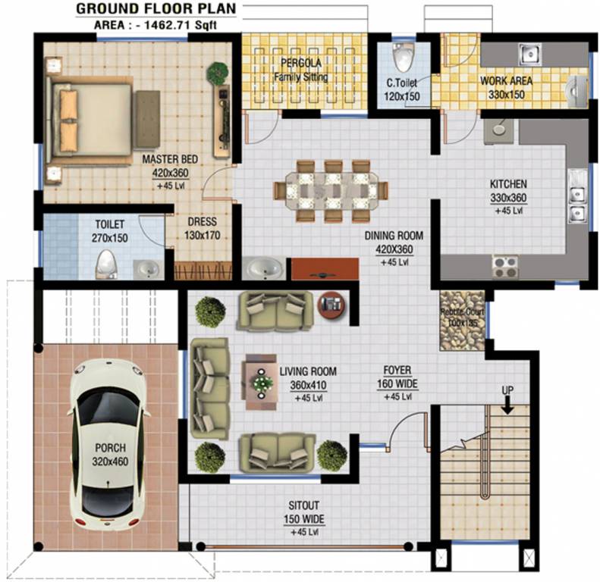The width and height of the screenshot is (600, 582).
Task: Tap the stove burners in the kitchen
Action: (505, 266)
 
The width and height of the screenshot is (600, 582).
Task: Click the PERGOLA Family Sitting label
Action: (303, 69)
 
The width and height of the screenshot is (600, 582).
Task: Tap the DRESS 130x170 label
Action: (201, 228)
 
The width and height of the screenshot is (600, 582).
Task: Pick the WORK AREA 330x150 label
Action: (506, 86)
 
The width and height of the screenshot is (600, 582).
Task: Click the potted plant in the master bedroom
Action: (218, 74)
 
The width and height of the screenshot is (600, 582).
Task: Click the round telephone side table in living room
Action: (330, 302)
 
